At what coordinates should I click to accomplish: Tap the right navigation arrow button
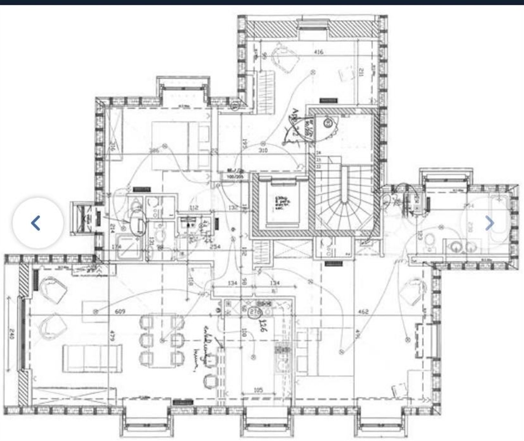489,223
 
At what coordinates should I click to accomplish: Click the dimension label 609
120,311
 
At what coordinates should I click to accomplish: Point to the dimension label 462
363,311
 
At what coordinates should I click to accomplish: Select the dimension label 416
319,52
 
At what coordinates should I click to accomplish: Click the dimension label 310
263,150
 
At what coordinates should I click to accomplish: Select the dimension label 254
215,247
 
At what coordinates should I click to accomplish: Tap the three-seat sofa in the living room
92,358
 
